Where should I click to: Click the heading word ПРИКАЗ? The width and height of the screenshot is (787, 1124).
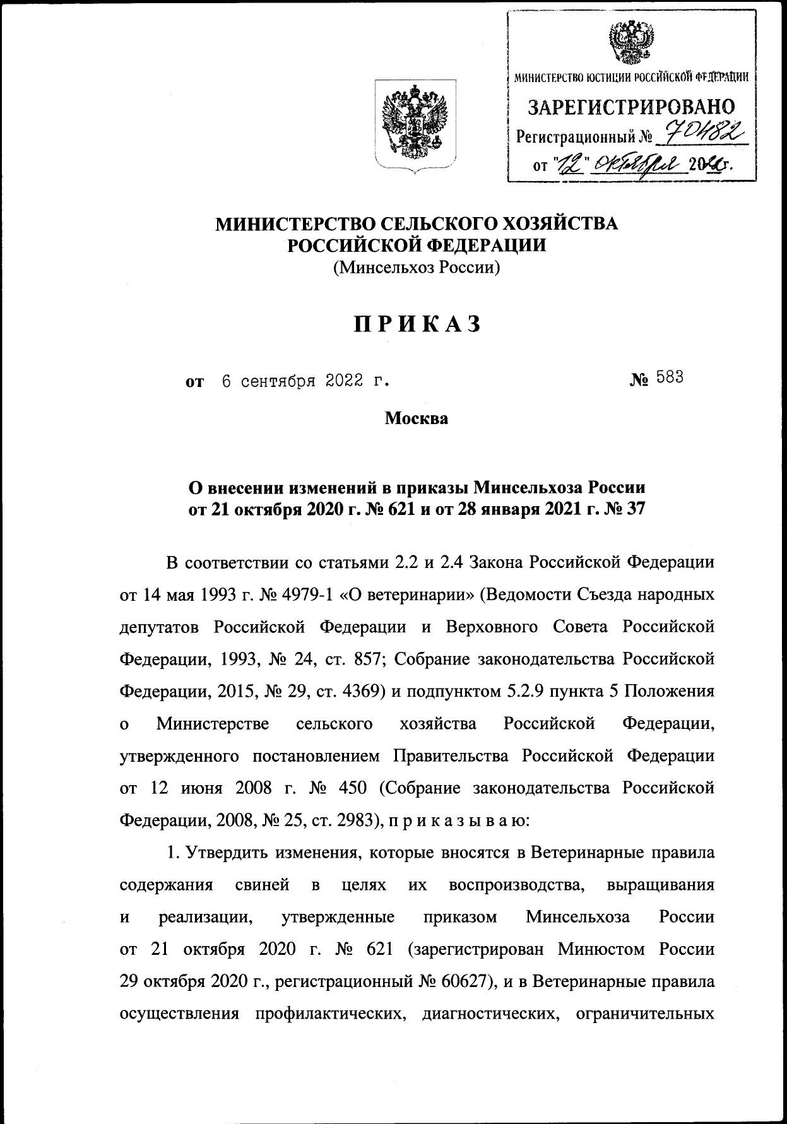click(417, 324)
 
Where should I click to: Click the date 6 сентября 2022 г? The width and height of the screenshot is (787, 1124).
click(303, 381)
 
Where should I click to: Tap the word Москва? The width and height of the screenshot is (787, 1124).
click(417, 418)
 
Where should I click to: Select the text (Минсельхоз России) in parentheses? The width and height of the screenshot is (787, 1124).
click(417, 268)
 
